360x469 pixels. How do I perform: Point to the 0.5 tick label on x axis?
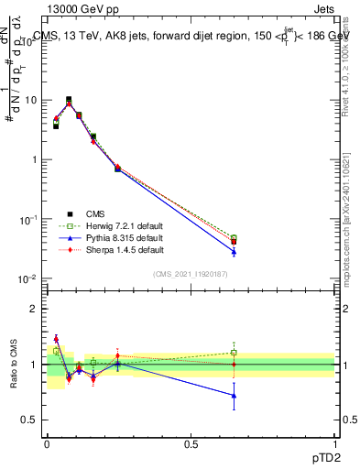(x=191, y=442)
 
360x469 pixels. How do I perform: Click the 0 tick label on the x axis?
(x=47, y=442)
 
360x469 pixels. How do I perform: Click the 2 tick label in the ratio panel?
(x=35, y=309)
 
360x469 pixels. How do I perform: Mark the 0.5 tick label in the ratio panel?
(x=31, y=420)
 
